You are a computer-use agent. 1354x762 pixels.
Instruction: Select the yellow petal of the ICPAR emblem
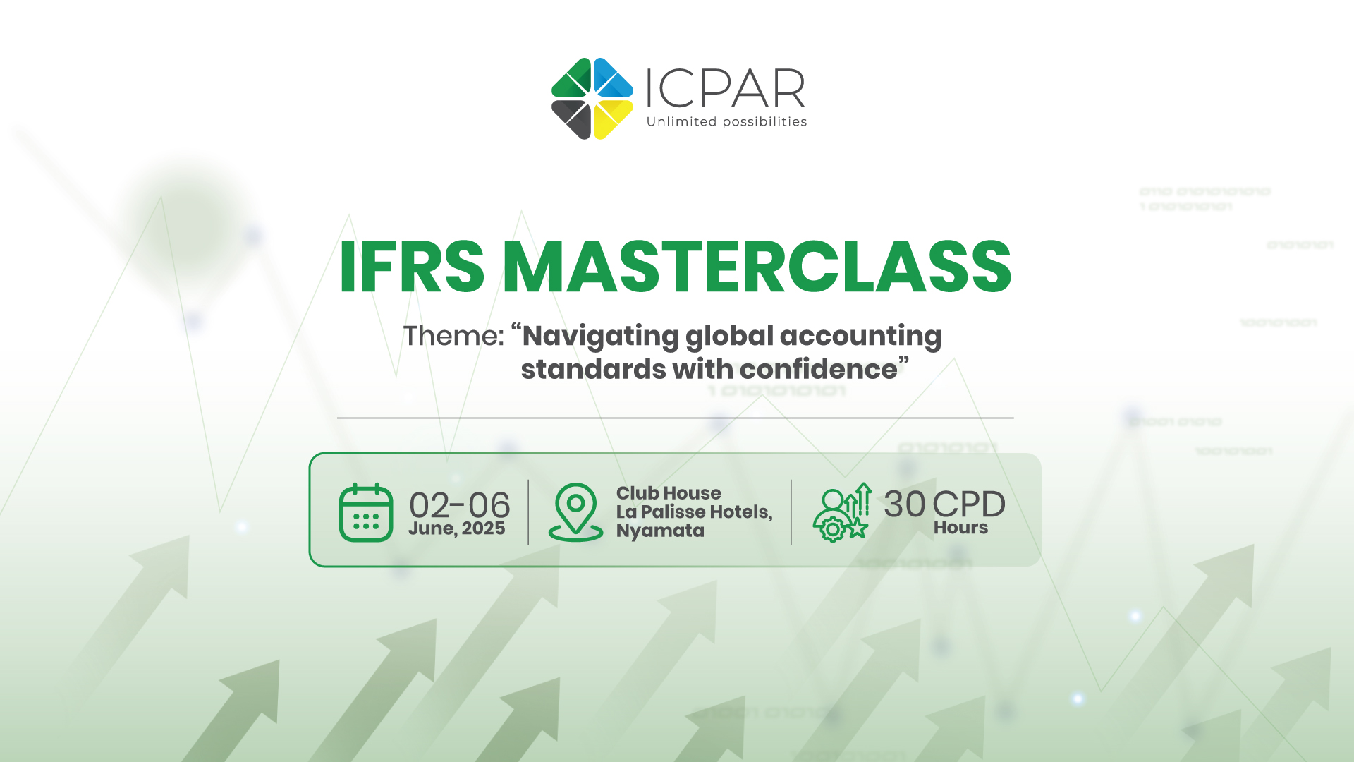(x=611, y=119)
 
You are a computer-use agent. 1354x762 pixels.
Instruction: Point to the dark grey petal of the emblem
(x=573, y=118)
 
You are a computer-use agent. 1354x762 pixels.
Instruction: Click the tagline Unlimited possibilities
(x=726, y=122)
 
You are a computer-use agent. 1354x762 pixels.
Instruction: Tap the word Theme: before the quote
(x=454, y=336)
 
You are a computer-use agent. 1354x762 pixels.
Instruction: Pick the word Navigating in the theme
(x=600, y=337)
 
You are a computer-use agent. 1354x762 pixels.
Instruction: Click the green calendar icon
(x=366, y=512)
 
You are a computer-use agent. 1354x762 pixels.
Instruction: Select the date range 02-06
(x=459, y=505)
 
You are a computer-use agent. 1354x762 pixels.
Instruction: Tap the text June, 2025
(x=457, y=528)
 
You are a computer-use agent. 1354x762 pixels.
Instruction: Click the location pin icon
(x=575, y=512)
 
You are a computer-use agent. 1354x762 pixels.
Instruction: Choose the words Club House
(x=669, y=493)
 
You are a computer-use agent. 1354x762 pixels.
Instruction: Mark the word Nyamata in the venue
(x=660, y=531)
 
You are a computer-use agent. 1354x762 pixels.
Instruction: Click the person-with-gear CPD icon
(x=842, y=513)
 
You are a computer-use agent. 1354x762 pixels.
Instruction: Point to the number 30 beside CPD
(x=905, y=504)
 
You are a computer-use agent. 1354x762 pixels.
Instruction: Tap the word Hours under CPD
(x=960, y=528)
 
